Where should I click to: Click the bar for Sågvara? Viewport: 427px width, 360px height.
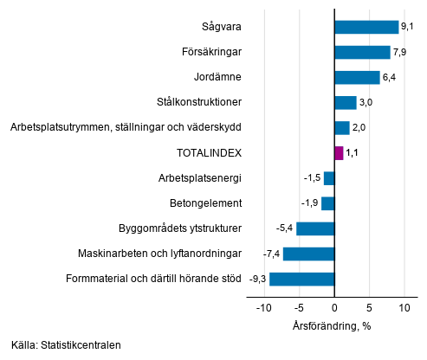pos(366,27)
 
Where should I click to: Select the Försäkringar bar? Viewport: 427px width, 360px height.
pos(362,52)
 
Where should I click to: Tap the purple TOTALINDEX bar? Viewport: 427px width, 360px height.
pos(339,153)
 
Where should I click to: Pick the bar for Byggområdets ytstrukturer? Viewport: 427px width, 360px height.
pos(315,228)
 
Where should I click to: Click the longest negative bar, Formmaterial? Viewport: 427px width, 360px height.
pos(301,279)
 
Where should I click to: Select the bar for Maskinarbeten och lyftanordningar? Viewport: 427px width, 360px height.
pos(308,254)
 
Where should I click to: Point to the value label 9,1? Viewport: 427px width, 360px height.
pos(407,27)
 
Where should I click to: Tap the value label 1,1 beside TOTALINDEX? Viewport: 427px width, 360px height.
pos(352,153)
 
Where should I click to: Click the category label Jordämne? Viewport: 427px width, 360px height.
pos(218,77)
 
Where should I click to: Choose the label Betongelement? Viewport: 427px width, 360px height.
pos(205,203)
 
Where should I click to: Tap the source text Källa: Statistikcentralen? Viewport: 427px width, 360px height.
pos(66,345)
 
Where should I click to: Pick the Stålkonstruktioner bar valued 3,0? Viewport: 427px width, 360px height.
pos(346,102)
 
